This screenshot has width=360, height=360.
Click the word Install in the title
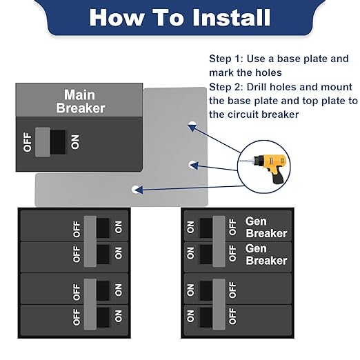point(231,17)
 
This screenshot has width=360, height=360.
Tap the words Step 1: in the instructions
point(226,59)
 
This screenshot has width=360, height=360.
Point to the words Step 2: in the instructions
point(226,87)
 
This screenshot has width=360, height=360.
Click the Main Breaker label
point(81,101)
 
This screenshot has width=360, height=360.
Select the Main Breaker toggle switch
point(50,142)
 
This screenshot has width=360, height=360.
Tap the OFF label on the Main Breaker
point(28,142)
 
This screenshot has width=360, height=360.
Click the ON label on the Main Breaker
point(75,142)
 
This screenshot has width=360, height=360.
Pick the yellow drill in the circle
point(270,167)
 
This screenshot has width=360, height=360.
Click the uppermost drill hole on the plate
point(192,125)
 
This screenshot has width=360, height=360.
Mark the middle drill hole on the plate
point(192,165)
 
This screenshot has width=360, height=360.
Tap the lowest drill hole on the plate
point(135,190)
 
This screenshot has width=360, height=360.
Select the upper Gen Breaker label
point(266,228)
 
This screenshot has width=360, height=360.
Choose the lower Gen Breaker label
point(266,254)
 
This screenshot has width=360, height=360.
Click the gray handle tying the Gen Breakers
point(219,241)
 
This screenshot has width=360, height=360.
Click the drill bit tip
point(241,161)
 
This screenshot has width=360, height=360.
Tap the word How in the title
point(117,18)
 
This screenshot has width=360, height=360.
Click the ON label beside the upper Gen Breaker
point(190,228)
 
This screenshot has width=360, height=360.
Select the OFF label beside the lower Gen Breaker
point(232,253)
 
